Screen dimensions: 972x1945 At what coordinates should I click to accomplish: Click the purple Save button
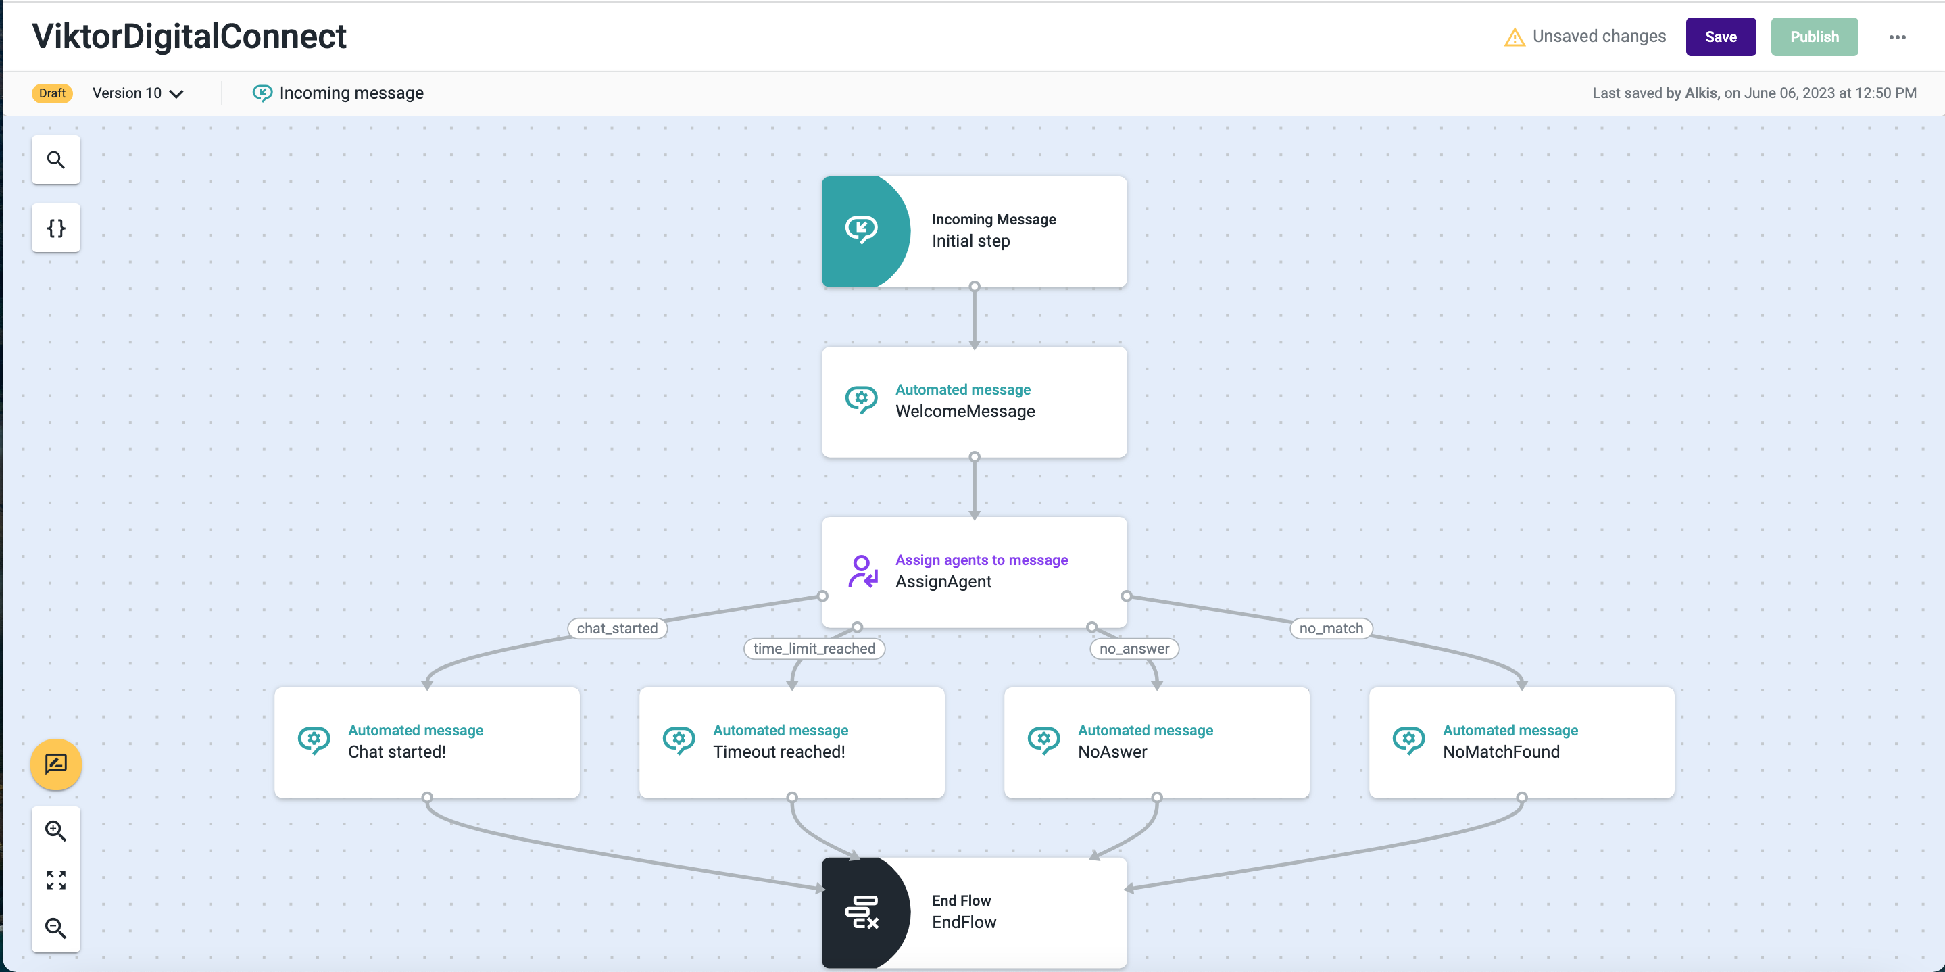1720,37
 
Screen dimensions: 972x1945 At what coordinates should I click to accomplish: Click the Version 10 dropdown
137,93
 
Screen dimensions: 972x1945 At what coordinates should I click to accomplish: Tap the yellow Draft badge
52,93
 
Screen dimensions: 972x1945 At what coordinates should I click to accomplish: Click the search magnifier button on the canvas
56,160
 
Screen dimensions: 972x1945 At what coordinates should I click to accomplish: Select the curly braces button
56,228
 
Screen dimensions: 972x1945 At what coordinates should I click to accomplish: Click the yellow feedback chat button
56,764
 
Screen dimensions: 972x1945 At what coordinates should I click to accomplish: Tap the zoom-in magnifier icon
56,831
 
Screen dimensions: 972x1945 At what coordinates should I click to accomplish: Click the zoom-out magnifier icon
56,927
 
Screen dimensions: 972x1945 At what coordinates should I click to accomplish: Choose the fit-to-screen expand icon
56,879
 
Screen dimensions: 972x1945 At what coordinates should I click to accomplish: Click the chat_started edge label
617,629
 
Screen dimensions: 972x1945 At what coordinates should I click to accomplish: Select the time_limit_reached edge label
813,649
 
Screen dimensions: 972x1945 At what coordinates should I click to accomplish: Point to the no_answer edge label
1133,649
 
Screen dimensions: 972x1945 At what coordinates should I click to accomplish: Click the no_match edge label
1331,629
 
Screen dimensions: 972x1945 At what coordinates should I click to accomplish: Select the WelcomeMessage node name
964,412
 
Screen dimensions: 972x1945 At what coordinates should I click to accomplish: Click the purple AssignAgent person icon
862,572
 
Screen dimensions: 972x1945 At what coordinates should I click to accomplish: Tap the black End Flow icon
862,913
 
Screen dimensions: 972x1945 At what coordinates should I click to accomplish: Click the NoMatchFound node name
1500,752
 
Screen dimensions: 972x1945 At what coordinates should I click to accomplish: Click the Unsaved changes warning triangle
1514,37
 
